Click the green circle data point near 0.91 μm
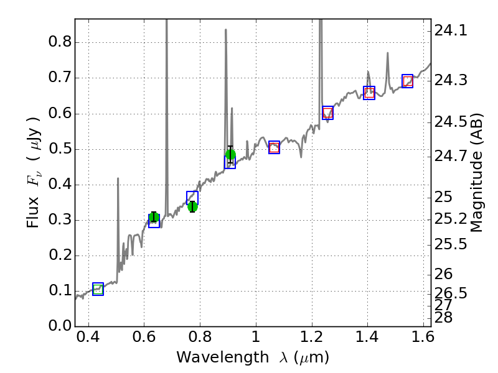pos(230,155)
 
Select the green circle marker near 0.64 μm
pos(154,217)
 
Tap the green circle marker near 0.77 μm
pos(192,206)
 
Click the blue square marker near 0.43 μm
pos(98,289)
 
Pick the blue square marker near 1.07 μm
pos(274,147)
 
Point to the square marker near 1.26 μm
pos(328,113)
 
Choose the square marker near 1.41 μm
pos(369,93)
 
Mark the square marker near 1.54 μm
pos(408,81)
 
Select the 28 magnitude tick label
pos(444,318)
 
